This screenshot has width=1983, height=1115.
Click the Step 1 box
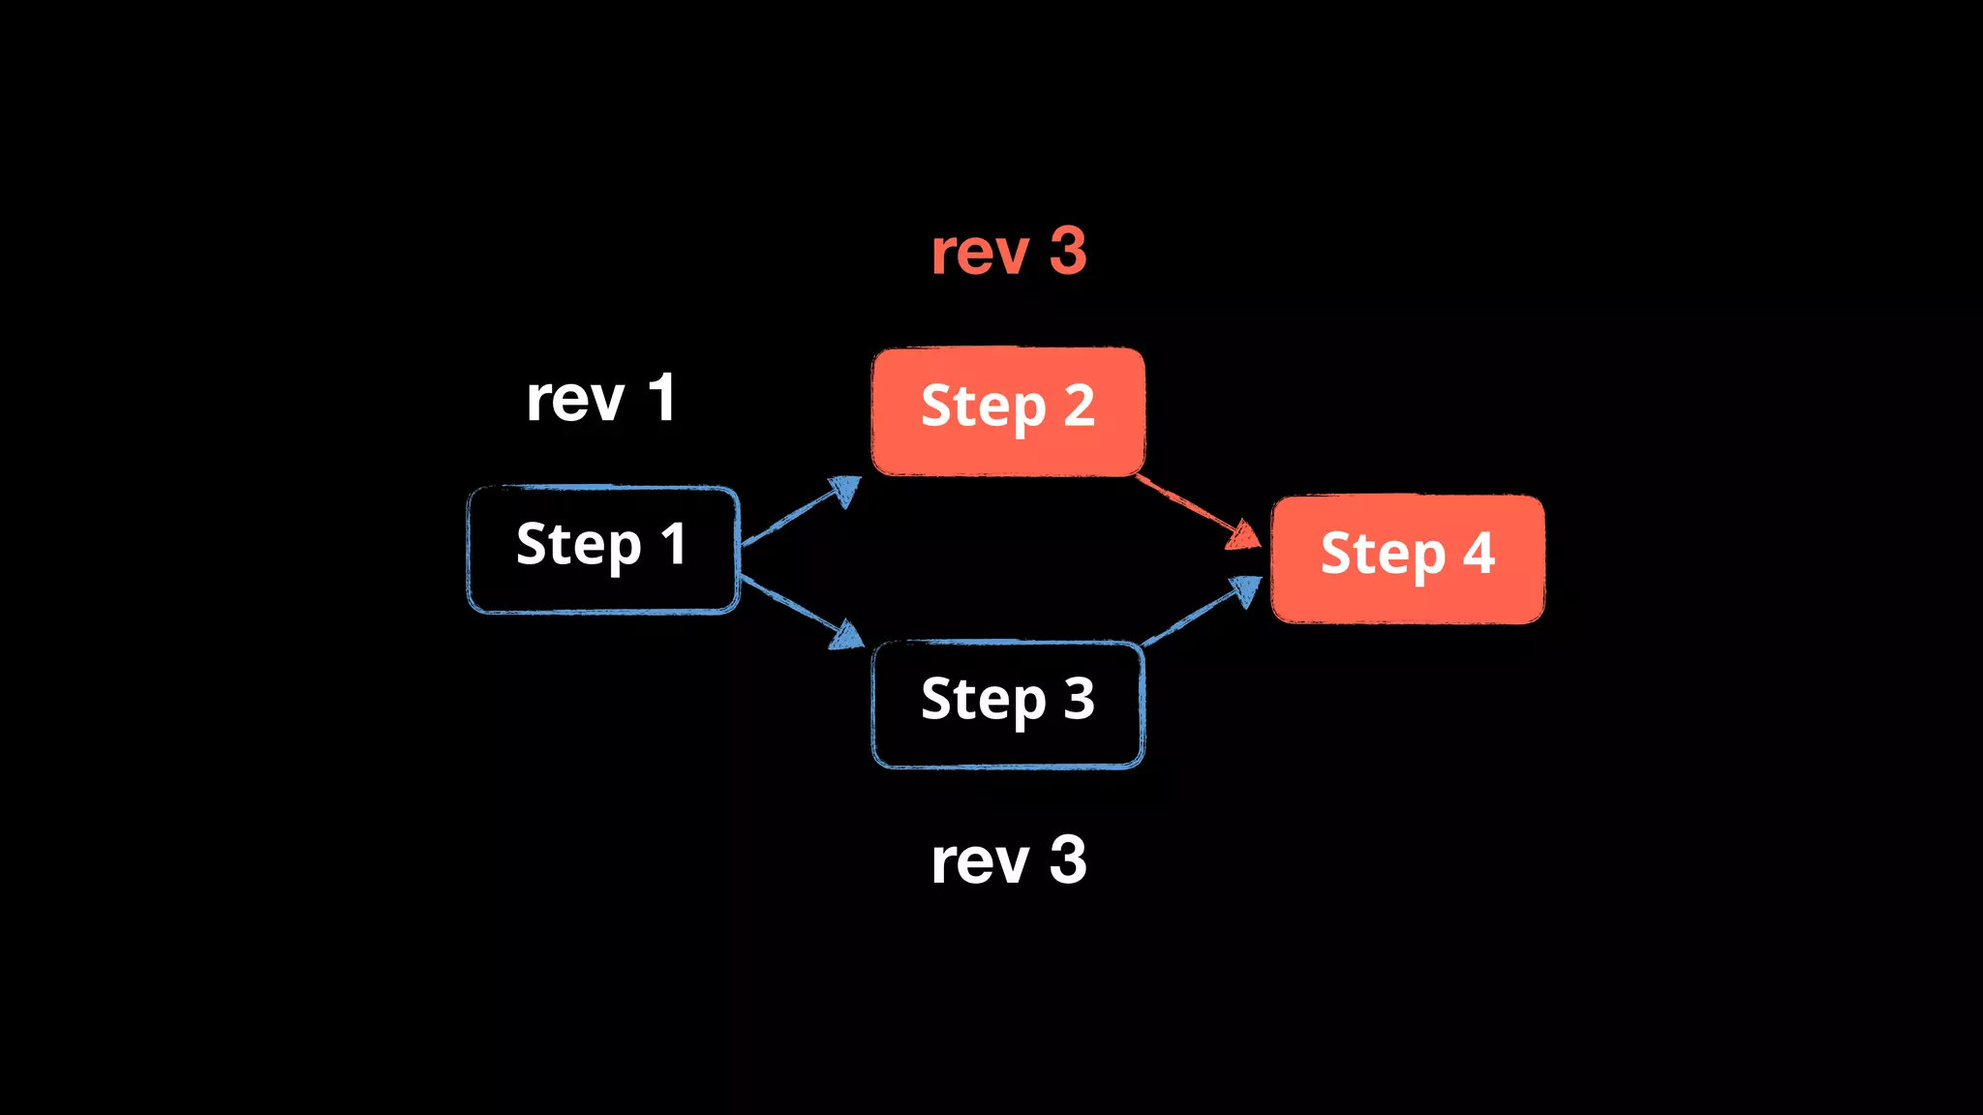tap(603, 549)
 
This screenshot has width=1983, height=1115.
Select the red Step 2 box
tap(1008, 411)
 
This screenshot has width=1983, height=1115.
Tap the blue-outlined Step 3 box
tap(1008, 704)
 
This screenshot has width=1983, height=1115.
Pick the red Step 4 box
tap(1407, 558)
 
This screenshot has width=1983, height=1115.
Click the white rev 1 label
tap(600, 398)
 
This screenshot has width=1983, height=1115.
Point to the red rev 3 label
tap(1008, 252)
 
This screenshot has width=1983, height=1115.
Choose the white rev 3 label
tap(1008, 859)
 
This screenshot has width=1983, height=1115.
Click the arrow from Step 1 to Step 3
tap(799, 610)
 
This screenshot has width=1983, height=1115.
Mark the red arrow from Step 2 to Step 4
tap(1196, 510)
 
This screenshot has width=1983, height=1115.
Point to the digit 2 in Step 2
tap(1079, 406)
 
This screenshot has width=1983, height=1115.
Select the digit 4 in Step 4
tap(1479, 553)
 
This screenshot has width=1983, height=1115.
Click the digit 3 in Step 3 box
tap(1079, 698)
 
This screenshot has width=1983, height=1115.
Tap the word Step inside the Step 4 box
tap(1383, 556)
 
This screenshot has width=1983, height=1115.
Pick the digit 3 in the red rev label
tap(1068, 252)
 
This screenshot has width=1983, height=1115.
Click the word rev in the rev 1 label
tap(575, 400)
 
